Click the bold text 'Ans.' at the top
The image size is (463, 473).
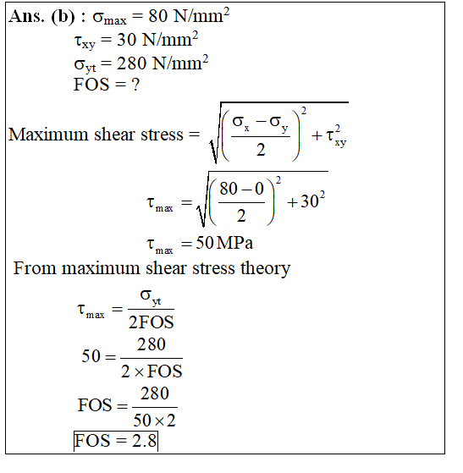coord(26,16)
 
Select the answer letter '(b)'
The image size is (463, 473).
coord(63,17)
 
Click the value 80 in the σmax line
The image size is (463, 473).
coord(157,16)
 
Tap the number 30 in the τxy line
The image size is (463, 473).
coord(126,40)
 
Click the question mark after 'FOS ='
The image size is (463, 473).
coord(135,85)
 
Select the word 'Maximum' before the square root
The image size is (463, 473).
coord(48,135)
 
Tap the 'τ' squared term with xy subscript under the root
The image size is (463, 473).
coord(336,136)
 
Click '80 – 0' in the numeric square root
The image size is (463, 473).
coord(242,189)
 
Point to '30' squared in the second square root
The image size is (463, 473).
coord(312,201)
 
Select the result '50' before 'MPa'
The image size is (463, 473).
coord(205,243)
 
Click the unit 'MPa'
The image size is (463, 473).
coord(234,243)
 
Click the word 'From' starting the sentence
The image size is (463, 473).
coord(35,268)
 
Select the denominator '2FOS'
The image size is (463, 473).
coord(152,322)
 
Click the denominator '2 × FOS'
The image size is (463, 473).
coord(152,371)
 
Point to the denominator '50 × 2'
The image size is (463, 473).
coord(154,421)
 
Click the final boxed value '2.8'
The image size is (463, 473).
coord(144,441)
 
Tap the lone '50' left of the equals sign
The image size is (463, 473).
coord(91,356)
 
